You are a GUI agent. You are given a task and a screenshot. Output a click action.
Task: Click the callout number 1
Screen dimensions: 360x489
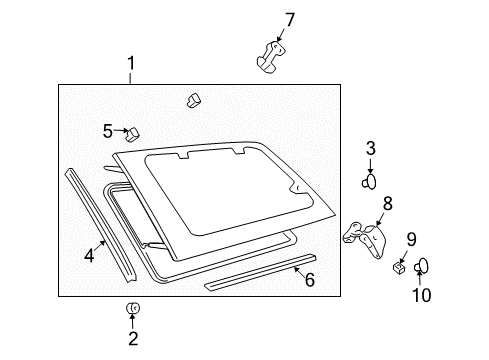(x=130, y=66)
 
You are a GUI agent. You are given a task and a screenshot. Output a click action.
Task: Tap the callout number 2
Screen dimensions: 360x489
(x=132, y=339)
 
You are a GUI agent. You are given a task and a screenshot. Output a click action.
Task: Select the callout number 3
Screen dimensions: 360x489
(x=370, y=149)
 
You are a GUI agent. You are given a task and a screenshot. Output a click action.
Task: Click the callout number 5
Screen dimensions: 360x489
(x=108, y=130)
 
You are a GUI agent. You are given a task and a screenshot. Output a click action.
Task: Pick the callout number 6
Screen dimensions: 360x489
(x=309, y=280)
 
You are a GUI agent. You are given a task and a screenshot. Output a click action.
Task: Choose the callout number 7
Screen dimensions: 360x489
(x=290, y=19)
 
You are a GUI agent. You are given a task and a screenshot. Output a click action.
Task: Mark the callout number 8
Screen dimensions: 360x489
(x=387, y=204)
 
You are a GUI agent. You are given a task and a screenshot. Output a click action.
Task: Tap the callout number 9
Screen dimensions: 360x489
(x=410, y=239)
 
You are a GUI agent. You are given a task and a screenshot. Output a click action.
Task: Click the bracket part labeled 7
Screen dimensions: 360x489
(x=270, y=56)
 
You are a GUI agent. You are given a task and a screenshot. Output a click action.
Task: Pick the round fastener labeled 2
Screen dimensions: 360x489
(x=132, y=309)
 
